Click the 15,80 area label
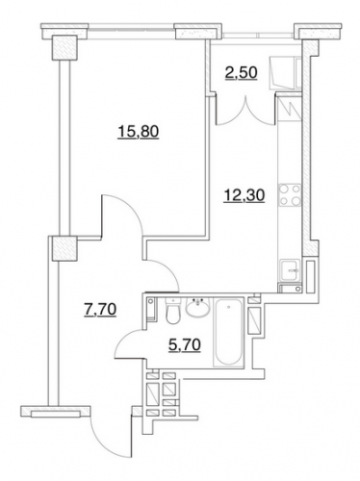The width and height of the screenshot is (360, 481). tap(139, 132)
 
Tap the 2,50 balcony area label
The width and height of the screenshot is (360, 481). tap(241, 73)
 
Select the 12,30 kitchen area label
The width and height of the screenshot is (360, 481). tap(244, 195)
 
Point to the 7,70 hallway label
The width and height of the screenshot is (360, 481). tap(100, 310)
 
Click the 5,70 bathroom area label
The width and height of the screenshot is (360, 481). tap(185, 345)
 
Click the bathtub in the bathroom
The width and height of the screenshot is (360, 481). tap(229, 332)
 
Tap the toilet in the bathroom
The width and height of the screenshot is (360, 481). tap(173, 310)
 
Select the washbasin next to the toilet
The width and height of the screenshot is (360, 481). tap(197, 308)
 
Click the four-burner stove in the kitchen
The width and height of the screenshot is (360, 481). tap(290, 195)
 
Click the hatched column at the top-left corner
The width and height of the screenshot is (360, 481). tap(64, 47)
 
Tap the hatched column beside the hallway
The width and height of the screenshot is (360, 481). tap(64, 248)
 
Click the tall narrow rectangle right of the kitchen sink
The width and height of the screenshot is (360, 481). tap(310, 276)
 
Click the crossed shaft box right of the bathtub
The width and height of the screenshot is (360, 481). tap(256, 320)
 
